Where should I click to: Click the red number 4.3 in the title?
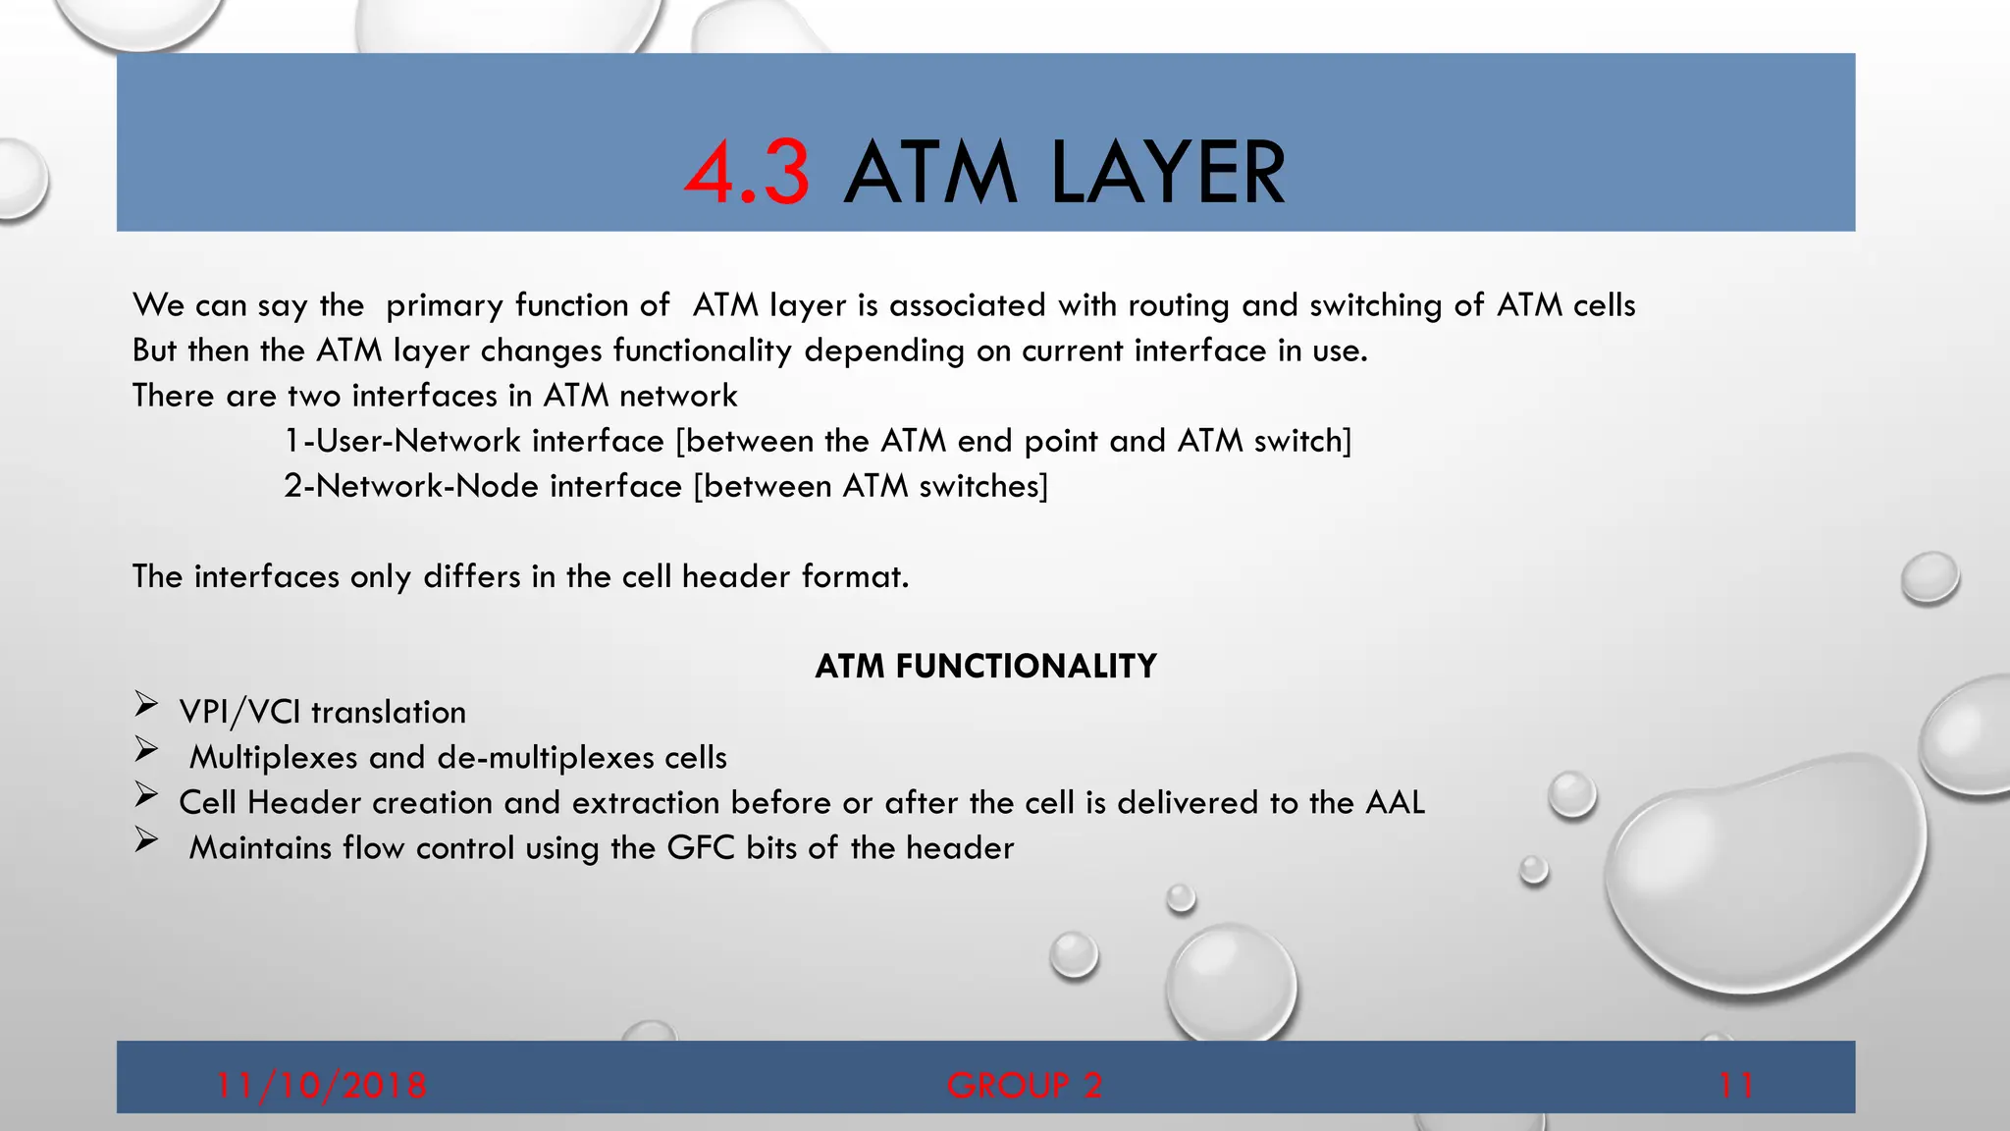click(x=748, y=174)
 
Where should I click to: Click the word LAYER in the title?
click(x=1167, y=174)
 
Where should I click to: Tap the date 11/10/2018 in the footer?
click(x=321, y=1085)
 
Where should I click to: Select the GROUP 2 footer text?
click(x=1025, y=1085)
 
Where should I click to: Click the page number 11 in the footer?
click(x=1736, y=1085)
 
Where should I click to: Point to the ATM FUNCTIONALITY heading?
click(x=985, y=667)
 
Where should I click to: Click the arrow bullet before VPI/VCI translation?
click(x=146, y=704)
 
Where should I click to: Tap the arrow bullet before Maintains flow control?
click(x=146, y=839)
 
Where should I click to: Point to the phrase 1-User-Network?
click(x=401, y=441)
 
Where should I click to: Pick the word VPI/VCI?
click(x=239, y=712)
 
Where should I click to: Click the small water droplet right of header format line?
click(x=1930, y=577)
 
